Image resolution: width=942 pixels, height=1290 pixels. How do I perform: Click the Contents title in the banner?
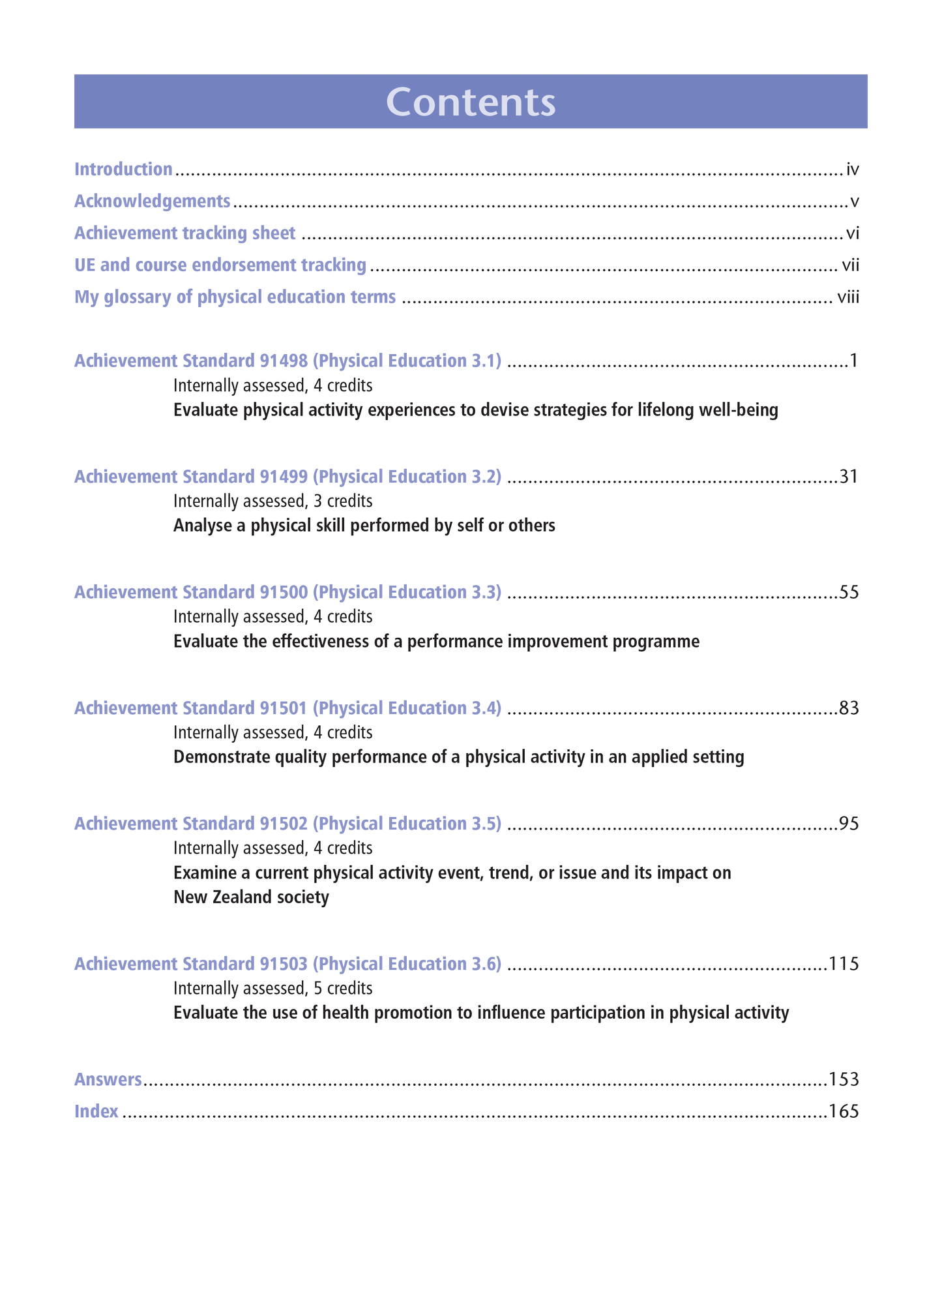point(471,102)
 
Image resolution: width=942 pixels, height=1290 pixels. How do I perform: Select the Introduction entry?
point(123,170)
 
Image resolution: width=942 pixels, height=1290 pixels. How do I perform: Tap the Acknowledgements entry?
point(152,202)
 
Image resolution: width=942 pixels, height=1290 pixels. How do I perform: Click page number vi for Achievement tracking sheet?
point(852,233)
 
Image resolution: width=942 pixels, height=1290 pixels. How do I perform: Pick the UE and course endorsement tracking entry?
point(220,265)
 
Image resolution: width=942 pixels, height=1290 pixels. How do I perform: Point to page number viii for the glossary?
point(848,297)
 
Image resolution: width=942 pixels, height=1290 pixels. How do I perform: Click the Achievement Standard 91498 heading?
point(287,361)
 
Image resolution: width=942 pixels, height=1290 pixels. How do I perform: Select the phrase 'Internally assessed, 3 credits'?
point(272,501)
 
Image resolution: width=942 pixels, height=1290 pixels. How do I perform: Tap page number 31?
point(849,477)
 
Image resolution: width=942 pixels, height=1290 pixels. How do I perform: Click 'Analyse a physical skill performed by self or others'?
point(364,526)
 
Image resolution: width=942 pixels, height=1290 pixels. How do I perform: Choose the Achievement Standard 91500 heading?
point(287,592)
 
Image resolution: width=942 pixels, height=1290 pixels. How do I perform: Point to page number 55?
point(849,592)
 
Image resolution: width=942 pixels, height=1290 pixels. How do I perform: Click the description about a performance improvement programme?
point(436,642)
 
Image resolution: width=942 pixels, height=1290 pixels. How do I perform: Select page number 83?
point(849,708)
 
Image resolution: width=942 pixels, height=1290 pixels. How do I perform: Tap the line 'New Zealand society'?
point(251,897)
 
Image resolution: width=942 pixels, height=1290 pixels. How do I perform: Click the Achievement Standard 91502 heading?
point(287,824)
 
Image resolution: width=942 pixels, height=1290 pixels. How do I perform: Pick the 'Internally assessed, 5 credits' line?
point(272,988)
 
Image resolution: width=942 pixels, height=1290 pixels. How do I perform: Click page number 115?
point(844,964)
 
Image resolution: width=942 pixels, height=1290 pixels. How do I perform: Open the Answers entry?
point(108,1079)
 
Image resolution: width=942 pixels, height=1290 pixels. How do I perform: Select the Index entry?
point(96,1111)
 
